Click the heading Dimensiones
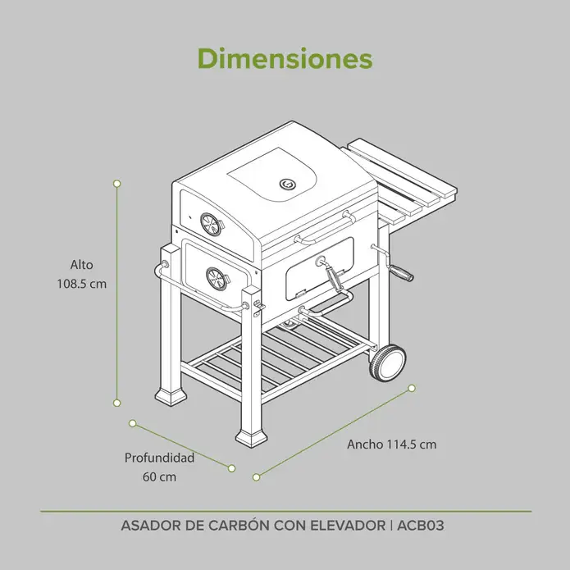(285, 58)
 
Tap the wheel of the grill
(387, 362)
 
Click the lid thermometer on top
(287, 184)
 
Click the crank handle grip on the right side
(401, 272)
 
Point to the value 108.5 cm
(82, 284)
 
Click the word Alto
(82, 265)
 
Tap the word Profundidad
(160, 458)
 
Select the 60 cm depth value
(160, 477)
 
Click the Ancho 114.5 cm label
(392, 445)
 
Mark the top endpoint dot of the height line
(117, 184)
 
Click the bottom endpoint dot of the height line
(117, 403)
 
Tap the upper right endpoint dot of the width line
(412, 388)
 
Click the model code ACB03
(421, 526)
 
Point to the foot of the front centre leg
(252, 439)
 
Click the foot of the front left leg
(171, 396)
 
